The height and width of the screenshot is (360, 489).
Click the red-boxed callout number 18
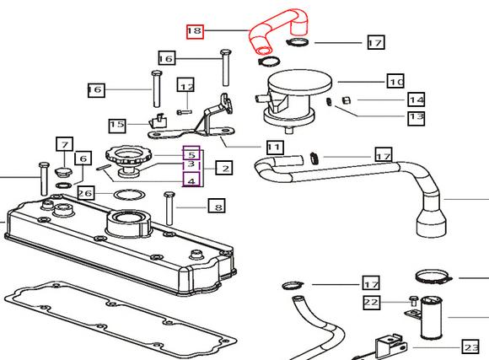tap(195, 31)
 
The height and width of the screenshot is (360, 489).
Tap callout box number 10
tap(395, 81)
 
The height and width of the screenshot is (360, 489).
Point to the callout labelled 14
tap(416, 99)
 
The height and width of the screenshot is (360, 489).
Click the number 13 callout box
tap(416, 118)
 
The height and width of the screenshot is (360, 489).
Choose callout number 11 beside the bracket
tap(275, 147)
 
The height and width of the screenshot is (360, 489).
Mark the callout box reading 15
tap(117, 126)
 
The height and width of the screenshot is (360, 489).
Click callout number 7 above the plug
tap(65, 144)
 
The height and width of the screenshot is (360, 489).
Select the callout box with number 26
tap(86, 193)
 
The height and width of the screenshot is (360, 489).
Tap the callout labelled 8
tap(217, 206)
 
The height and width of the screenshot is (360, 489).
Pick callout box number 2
tap(224, 168)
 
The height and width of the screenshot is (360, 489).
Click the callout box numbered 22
tap(372, 302)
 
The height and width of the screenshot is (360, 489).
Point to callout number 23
tap(470, 347)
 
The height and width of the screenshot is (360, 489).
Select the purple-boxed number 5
tap(191, 153)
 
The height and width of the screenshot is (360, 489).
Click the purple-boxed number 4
tap(191, 180)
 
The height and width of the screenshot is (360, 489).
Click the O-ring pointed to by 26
tap(129, 195)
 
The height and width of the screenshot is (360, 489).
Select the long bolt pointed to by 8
tap(169, 208)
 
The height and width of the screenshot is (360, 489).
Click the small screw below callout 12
tap(185, 111)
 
